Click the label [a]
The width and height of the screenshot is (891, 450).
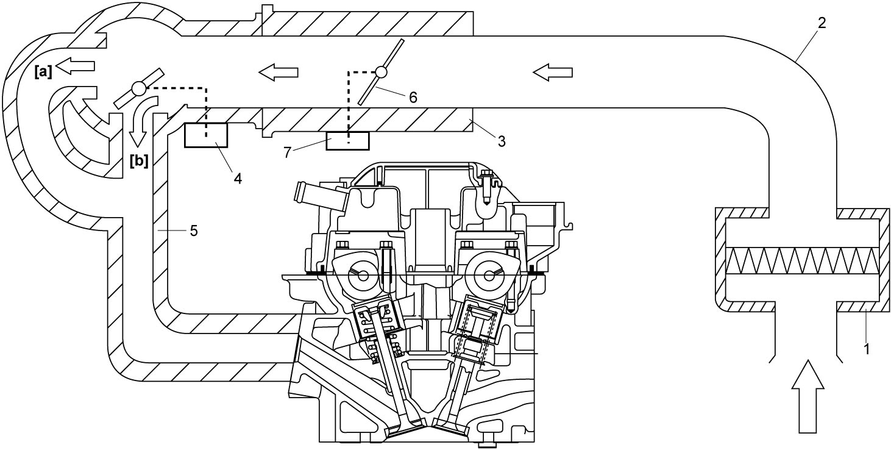pyautogui.click(x=43, y=72)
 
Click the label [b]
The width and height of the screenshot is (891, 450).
pyautogui.click(x=139, y=161)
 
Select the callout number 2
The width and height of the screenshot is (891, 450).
pyautogui.click(x=822, y=23)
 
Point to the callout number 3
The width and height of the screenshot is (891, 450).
pyautogui.click(x=502, y=141)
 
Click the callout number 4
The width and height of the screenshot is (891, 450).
pyautogui.click(x=238, y=179)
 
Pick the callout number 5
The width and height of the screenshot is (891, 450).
pyautogui.click(x=194, y=230)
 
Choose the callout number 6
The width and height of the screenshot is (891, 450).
pyautogui.click(x=413, y=98)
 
